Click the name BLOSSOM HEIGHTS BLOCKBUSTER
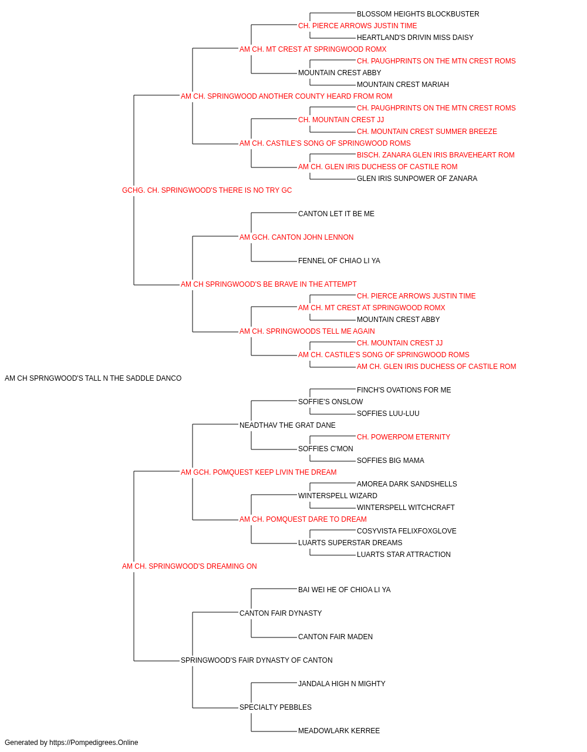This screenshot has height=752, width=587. [417, 14]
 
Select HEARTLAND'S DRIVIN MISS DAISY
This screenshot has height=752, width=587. [415, 38]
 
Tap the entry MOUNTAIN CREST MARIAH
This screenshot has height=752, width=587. [403, 85]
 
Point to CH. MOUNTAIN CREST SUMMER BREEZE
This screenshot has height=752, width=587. [427, 132]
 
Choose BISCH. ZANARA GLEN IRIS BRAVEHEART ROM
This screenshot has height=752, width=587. [436, 155]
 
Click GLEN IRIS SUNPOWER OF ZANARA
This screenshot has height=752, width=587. [417, 179]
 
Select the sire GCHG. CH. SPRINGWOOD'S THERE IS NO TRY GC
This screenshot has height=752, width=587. [207, 190]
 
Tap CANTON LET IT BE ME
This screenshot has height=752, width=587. [336, 214]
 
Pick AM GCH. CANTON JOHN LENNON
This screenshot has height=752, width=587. [296, 237]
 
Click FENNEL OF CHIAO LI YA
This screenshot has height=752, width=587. [339, 261]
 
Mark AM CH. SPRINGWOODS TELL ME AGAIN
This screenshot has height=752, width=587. [307, 331]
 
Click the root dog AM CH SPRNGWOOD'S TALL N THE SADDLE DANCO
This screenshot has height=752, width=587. [93, 378]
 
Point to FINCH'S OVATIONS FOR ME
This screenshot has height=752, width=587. [404, 390]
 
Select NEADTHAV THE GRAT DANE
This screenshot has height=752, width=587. [287, 425]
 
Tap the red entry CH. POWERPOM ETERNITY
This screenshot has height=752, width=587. [403, 437]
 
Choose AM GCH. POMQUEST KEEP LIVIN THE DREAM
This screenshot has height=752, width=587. [259, 472]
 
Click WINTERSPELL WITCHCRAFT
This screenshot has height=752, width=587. [406, 508]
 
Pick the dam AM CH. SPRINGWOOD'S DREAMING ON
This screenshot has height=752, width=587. [190, 566]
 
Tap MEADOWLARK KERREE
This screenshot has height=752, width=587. [339, 731]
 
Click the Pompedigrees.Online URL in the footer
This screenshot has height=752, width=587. [94, 743]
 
